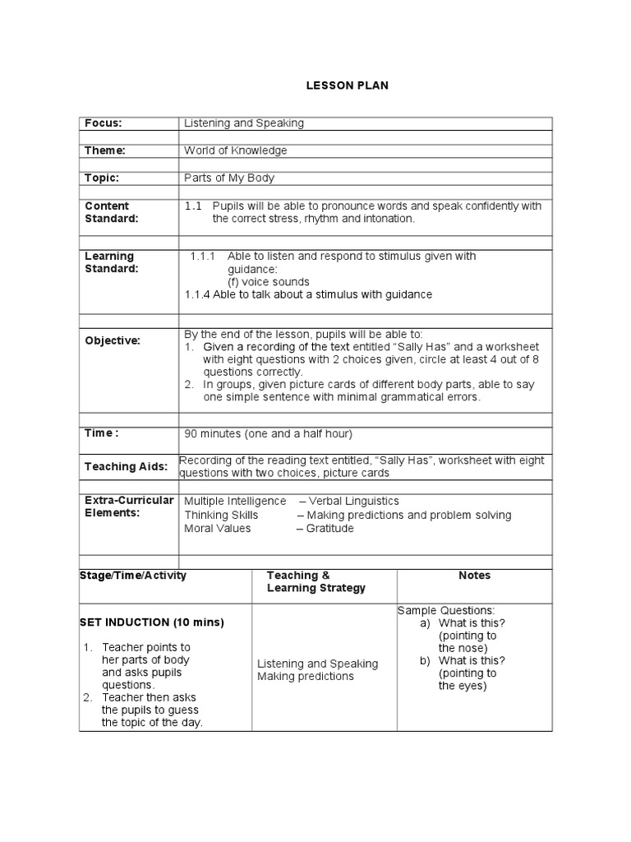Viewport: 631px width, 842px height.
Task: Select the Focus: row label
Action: coord(103,123)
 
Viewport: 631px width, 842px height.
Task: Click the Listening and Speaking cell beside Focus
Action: coord(244,123)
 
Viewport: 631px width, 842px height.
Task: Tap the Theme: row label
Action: coord(104,150)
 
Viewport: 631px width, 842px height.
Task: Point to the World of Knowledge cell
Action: coord(236,150)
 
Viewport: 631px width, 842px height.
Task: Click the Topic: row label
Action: coord(102,178)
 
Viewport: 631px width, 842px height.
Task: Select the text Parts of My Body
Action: coord(229,178)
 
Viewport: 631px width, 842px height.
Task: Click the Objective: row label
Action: coord(113,340)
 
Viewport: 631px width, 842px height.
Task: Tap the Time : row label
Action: coord(102,433)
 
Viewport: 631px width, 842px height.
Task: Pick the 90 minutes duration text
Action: coord(268,433)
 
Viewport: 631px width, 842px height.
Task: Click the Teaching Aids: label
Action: coord(126,467)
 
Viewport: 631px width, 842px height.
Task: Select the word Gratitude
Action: coord(329,528)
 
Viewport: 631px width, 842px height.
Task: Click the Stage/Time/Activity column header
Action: coord(133,576)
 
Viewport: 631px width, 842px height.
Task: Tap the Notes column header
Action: coord(474,576)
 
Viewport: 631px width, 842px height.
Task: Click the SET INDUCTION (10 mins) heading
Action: coord(151,622)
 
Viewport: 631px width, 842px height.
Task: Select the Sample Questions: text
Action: coord(446,610)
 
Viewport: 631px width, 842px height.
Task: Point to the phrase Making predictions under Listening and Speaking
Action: coord(305,676)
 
